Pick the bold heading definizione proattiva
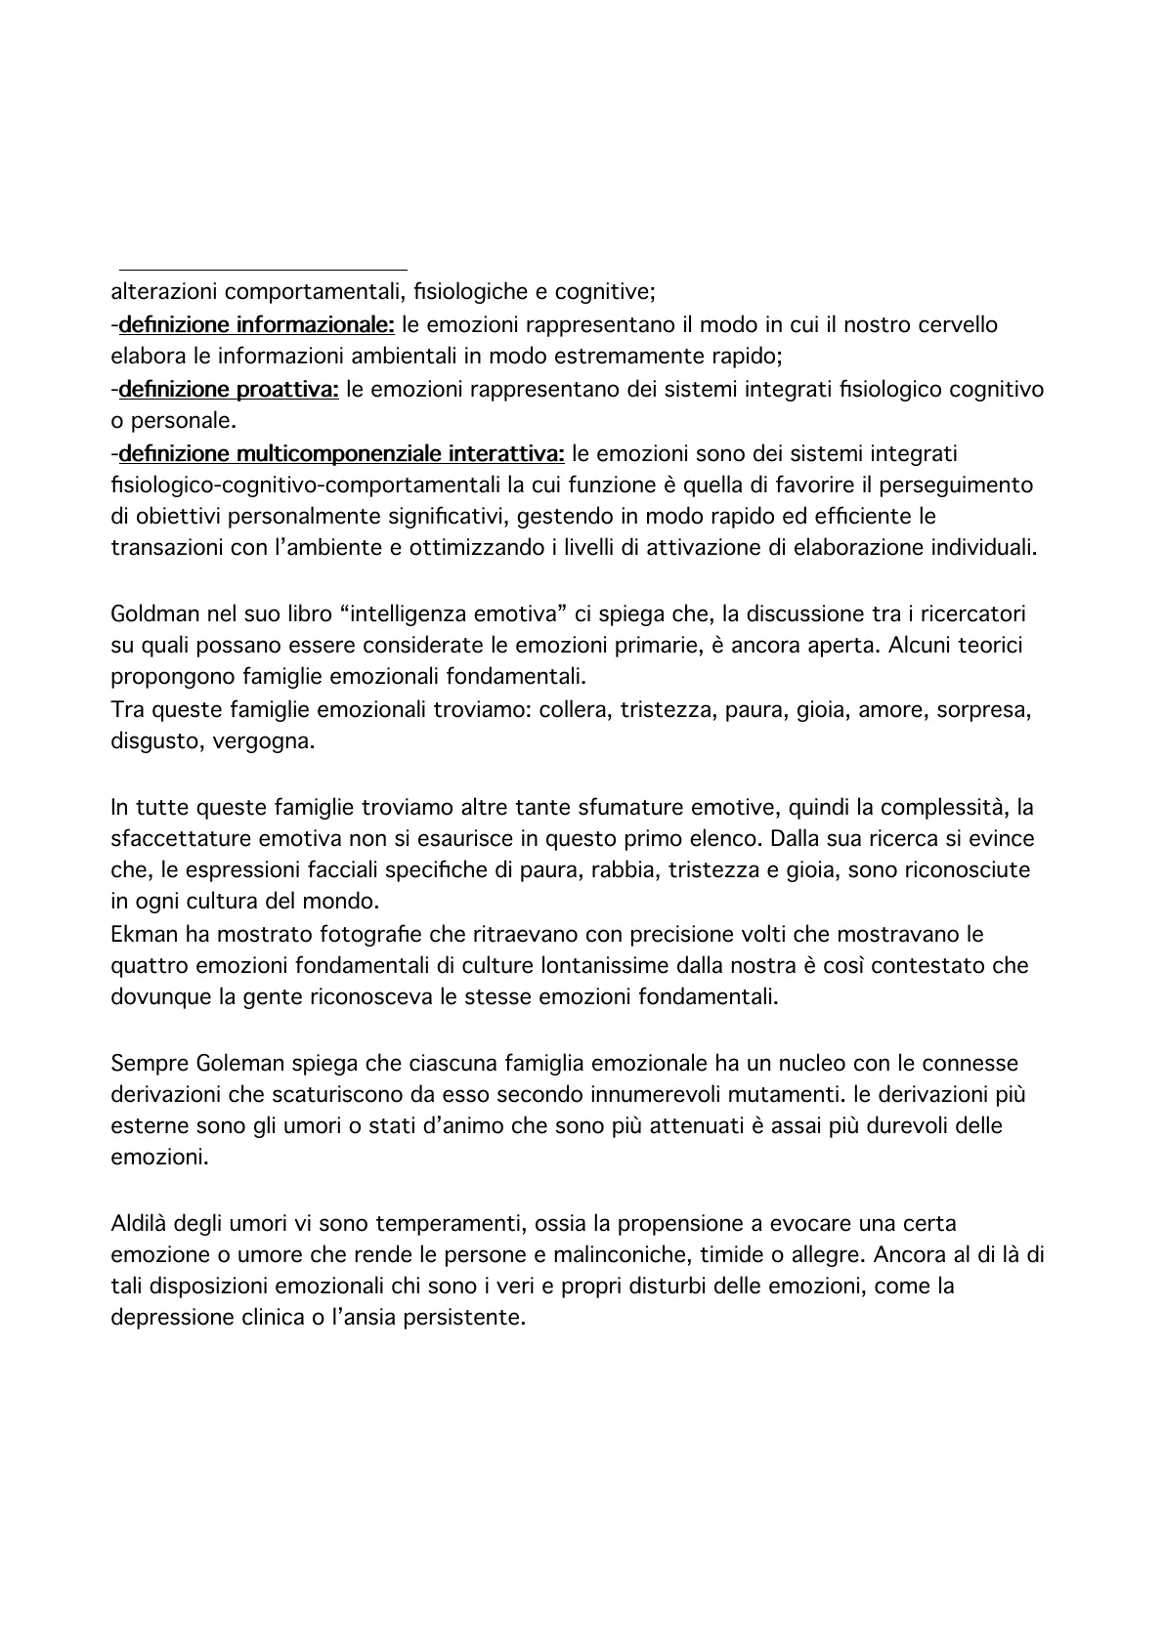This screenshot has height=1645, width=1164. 229,390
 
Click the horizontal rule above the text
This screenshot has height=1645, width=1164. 262,270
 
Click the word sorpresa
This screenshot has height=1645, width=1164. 982,710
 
